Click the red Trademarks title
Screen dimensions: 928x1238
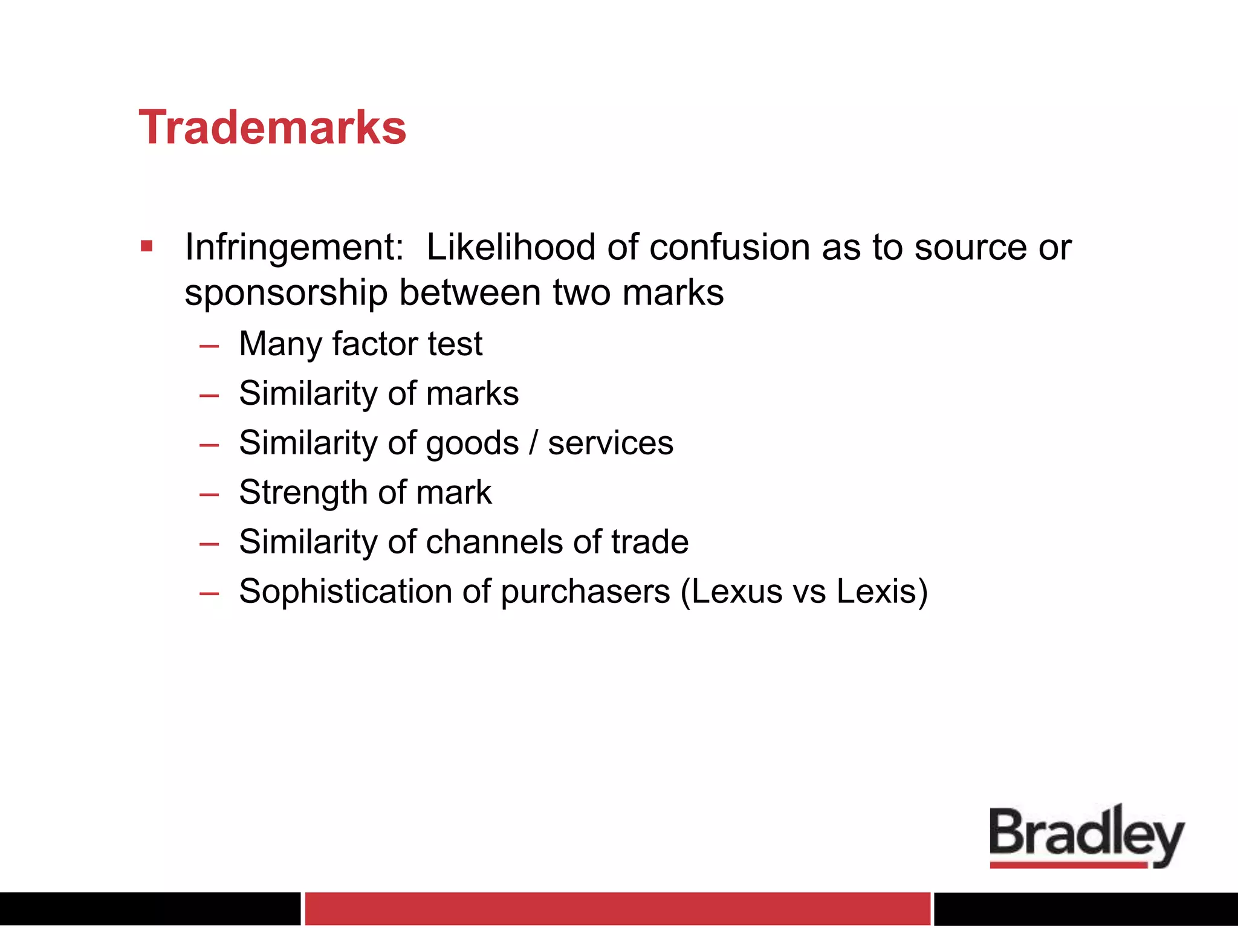(x=272, y=128)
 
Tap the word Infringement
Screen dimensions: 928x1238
(x=294, y=248)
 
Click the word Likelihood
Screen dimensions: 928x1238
(x=511, y=248)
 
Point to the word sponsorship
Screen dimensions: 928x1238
(x=286, y=294)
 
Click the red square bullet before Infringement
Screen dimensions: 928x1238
(x=146, y=246)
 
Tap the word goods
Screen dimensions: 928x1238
(x=472, y=443)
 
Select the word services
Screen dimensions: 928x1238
(x=611, y=443)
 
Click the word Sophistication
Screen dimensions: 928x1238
(x=345, y=591)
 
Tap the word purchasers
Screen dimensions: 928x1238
(x=585, y=591)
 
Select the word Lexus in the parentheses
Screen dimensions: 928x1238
(x=737, y=591)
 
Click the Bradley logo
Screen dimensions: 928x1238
(x=1086, y=836)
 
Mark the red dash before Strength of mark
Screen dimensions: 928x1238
(x=209, y=494)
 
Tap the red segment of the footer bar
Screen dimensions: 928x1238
(x=617, y=909)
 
